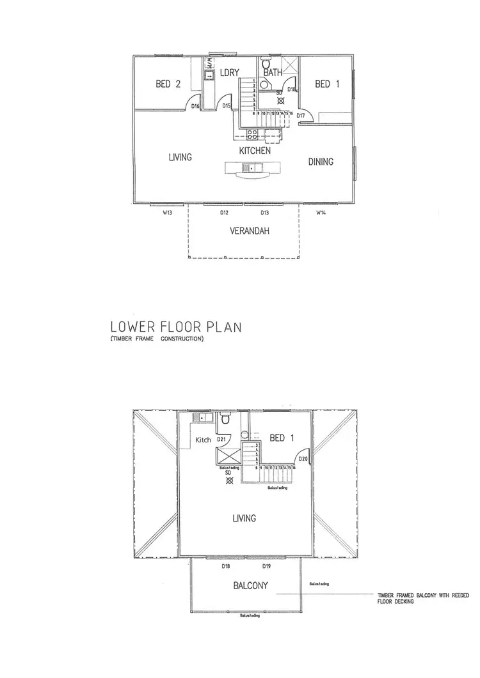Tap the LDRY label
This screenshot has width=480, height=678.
click(x=229, y=73)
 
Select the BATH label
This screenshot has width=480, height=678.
click(x=273, y=73)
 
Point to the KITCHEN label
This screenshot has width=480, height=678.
click(x=255, y=151)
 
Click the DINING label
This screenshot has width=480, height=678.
click(x=321, y=162)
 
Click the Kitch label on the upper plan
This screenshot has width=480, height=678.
click(x=204, y=440)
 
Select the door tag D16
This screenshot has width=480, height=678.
click(x=196, y=106)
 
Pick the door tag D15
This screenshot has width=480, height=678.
click(x=227, y=106)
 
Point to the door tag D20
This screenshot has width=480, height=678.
click(x=303, y=458)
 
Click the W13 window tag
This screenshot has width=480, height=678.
click(x=166, y=212)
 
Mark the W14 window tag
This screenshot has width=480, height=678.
click(x=321, y=212)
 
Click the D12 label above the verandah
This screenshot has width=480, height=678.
click(x=225, y=212)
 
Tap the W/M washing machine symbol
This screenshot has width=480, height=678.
click(x=209, y=64)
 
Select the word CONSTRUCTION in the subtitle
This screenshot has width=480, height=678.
click(x=181, y=339)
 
